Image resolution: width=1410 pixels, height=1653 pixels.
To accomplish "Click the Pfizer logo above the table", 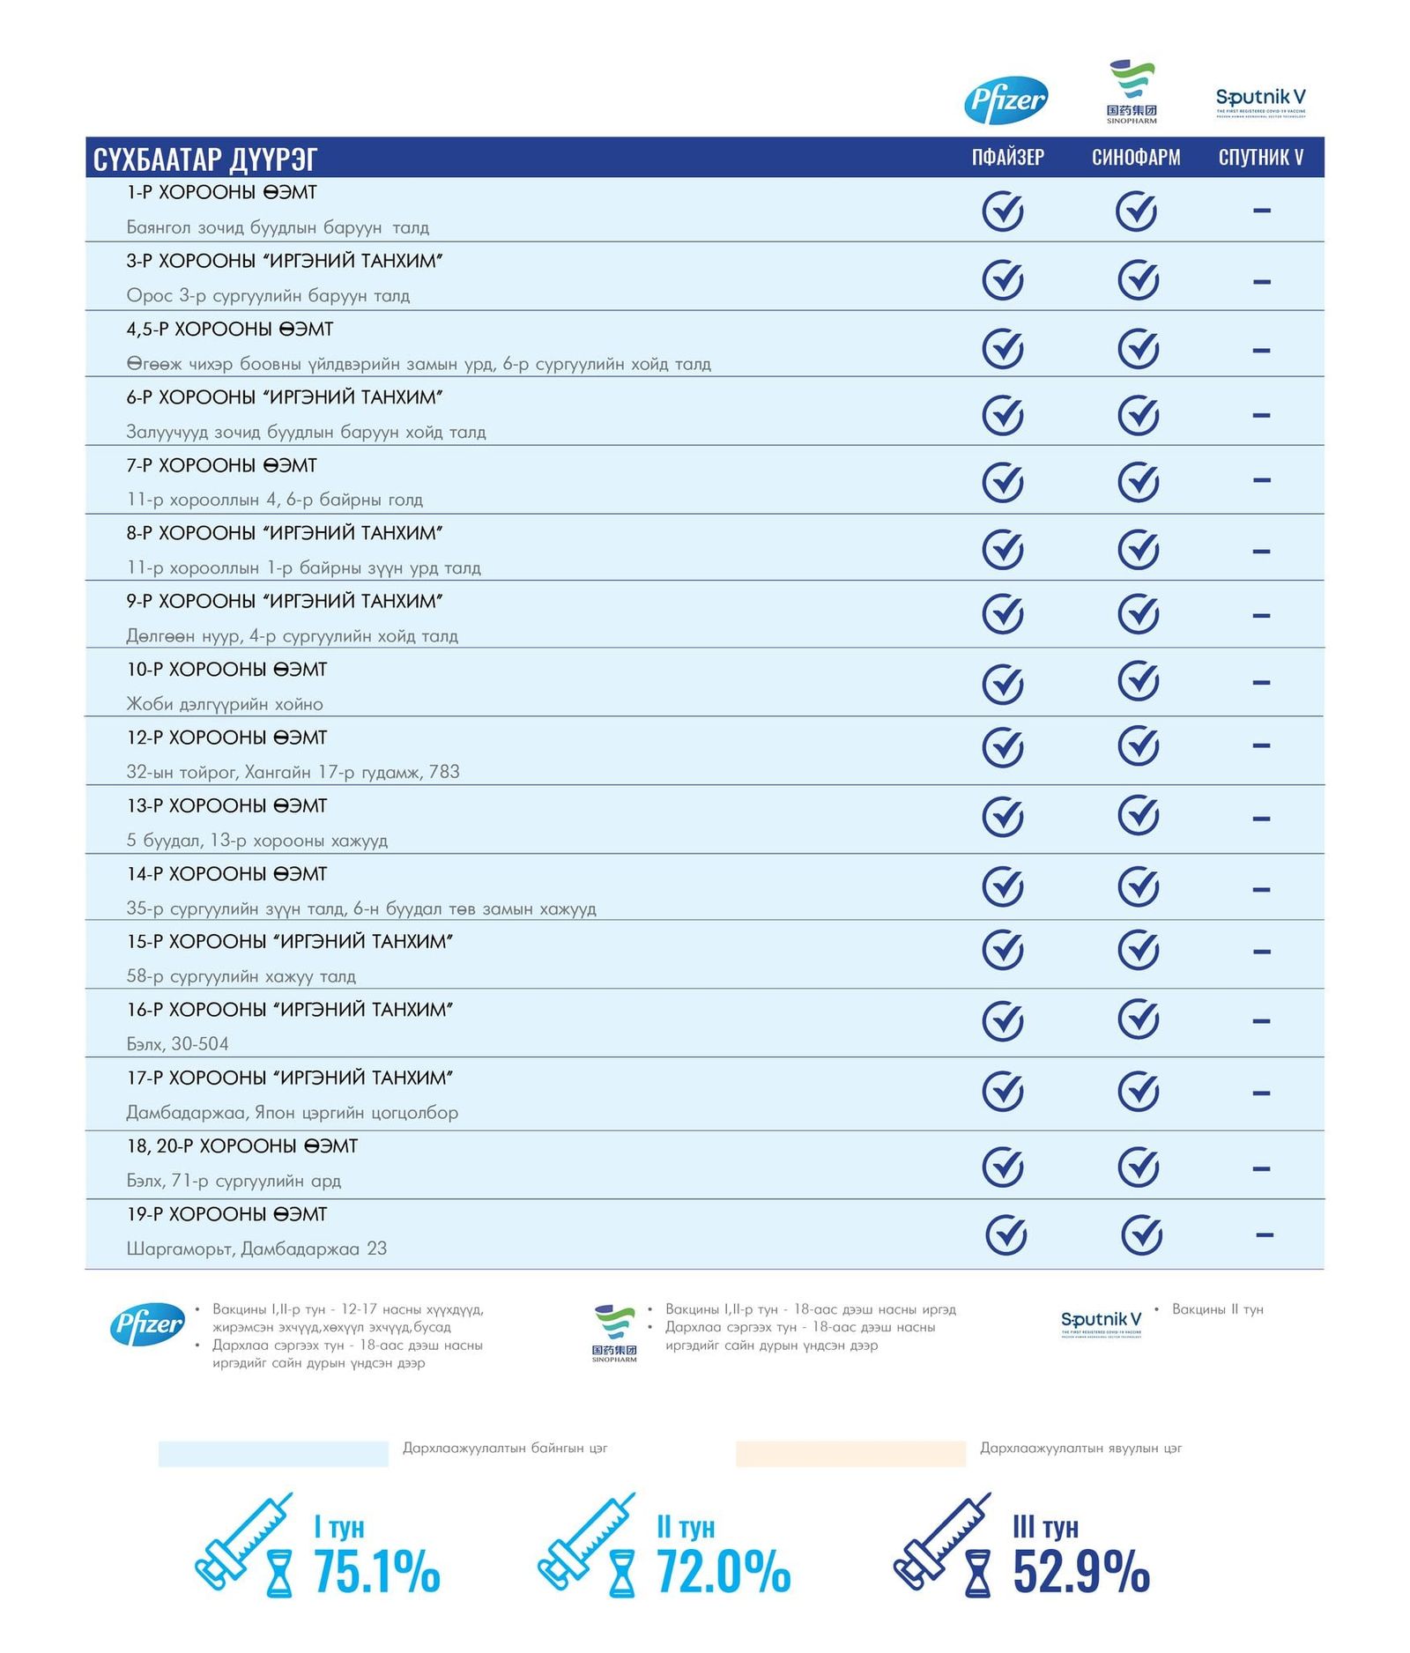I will point(1006,100).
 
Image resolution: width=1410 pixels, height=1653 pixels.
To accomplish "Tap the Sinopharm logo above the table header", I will point(1132,91).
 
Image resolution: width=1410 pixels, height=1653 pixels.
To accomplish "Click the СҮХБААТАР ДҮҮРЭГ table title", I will point(204,159).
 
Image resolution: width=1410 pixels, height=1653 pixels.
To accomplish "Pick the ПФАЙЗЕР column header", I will point(1007,158).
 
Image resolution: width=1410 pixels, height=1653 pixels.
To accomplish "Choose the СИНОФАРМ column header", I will point(1136,158).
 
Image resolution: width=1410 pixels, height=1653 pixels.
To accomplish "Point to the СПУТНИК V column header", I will point(1260,158).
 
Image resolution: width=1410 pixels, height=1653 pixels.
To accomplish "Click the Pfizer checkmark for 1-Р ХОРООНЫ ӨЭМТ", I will point(1003,211).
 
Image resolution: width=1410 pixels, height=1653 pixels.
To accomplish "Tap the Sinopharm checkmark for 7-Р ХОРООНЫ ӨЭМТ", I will point(1138,481).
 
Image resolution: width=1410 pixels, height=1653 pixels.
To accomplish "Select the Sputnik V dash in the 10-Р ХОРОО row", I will point(1261,682).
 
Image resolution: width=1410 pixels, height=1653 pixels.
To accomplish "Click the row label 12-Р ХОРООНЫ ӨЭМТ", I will point(226,738).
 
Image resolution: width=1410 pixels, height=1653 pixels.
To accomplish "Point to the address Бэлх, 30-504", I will point(177,1044).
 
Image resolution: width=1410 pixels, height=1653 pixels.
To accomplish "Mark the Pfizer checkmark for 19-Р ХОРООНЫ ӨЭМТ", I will point(1006,1234).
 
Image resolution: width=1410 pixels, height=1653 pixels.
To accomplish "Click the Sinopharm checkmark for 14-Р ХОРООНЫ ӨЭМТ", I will point(1138,886).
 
